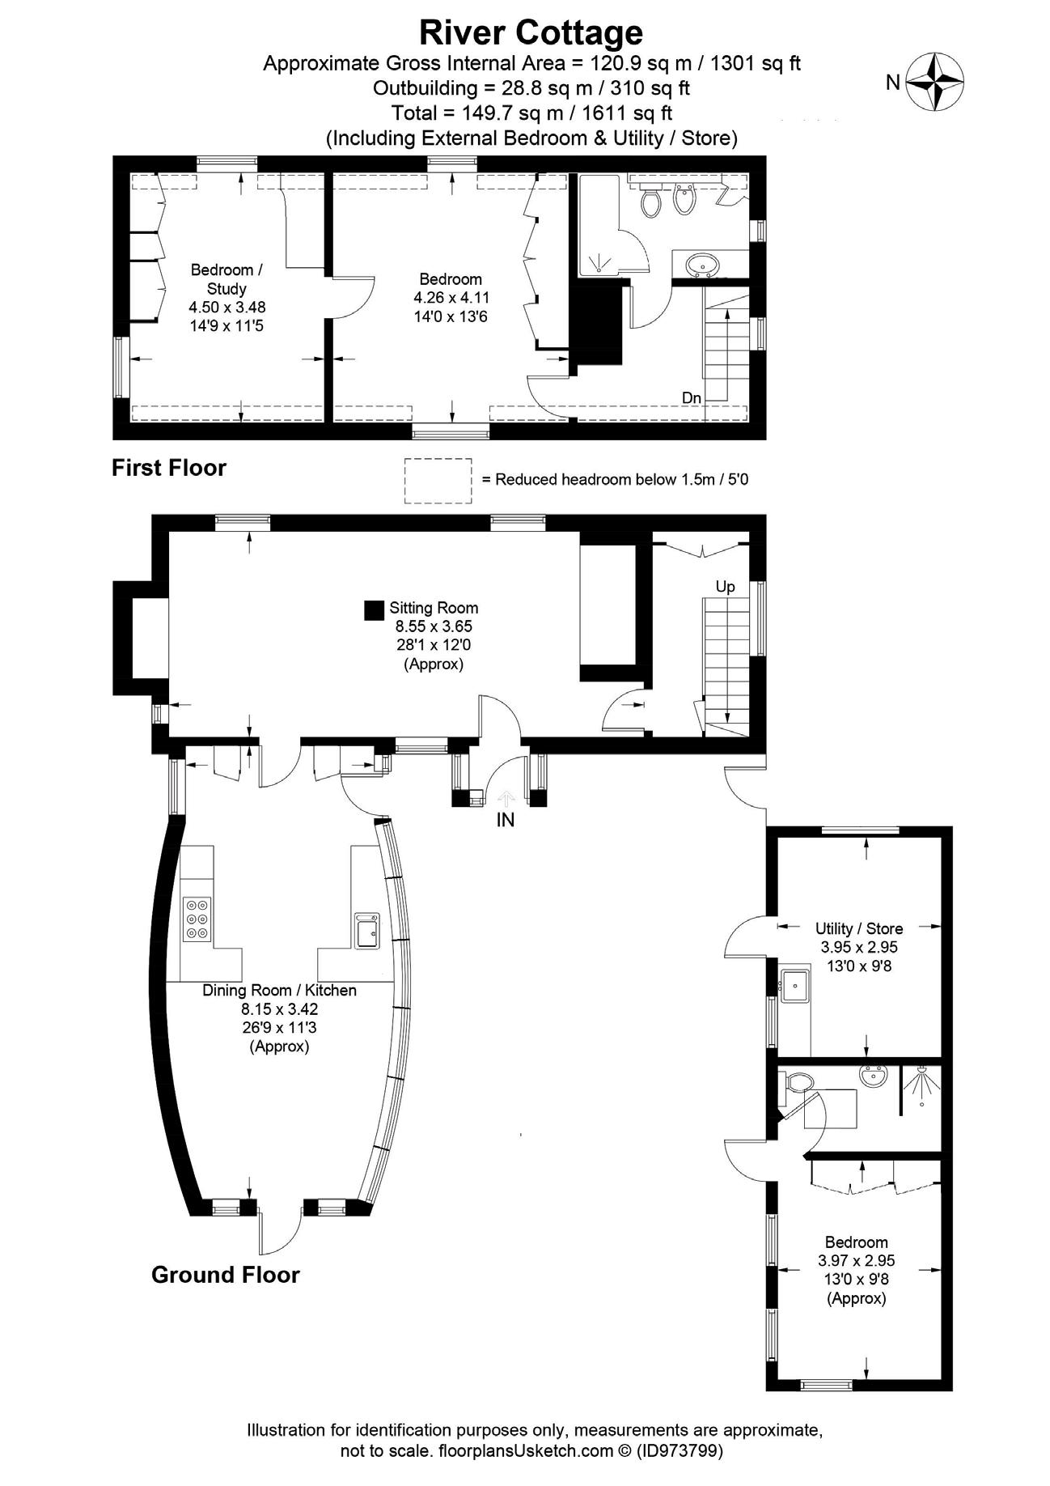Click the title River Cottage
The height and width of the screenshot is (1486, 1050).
pos(531,32)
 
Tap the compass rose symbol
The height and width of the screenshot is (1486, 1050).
pos(934,81)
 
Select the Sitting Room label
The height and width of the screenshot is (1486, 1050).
pos(434,608)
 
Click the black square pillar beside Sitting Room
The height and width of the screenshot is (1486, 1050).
pos(374,610)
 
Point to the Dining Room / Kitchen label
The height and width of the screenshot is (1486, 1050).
pos(279,990)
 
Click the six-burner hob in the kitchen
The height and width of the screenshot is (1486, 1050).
pos(197,919)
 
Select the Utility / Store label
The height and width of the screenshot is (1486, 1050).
pos(859,928)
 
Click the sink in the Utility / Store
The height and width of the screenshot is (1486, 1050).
pos(794,984)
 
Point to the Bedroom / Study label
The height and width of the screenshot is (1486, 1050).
pos(227,278)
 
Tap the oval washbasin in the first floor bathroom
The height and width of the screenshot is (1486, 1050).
pos(702,263)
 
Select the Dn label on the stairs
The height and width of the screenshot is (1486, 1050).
pos(692,397)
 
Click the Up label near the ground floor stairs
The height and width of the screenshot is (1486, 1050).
pos(725,587)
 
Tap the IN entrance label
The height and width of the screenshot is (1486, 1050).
pos(505,820)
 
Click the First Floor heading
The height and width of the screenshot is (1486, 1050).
pos(169,468)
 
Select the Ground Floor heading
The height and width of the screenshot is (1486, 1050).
pos(226,1275)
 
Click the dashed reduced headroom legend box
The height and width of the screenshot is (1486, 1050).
pos(438,480)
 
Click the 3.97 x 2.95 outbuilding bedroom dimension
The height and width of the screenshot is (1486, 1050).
pos(857,1260)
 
